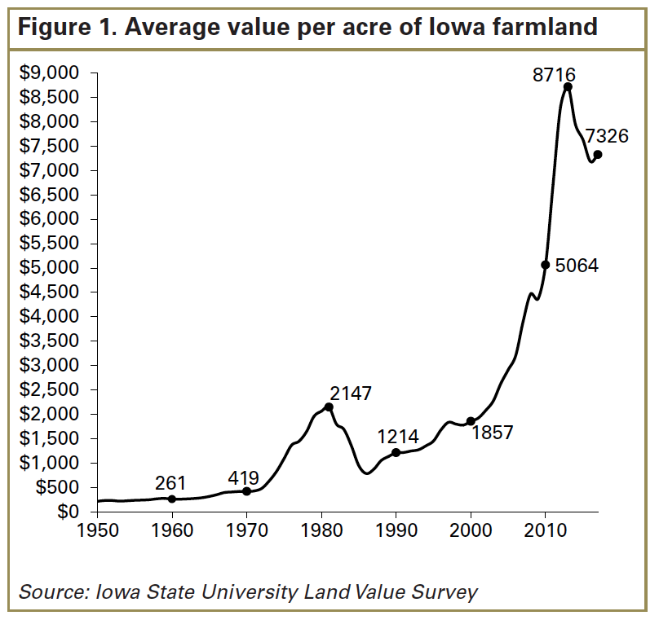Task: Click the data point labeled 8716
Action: [x=568, y=87]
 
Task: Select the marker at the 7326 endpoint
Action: [x=598, y=155]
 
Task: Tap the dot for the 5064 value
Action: [x=546, y=265]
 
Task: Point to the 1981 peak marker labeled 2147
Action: [x=329, y=407]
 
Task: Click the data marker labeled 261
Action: [x=171, y=499]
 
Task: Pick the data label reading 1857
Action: [x=493, y=433]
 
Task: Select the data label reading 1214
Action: [x=398, y=437]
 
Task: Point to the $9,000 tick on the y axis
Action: [x=49, y=73]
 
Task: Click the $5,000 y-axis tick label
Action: [x=49, y=268]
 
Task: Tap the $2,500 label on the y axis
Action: [x=49, y=389]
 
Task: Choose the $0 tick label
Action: [x=69, y=512]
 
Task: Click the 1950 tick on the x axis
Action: [x=97, y=529]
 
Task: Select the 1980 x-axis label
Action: [x=321, y=529]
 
